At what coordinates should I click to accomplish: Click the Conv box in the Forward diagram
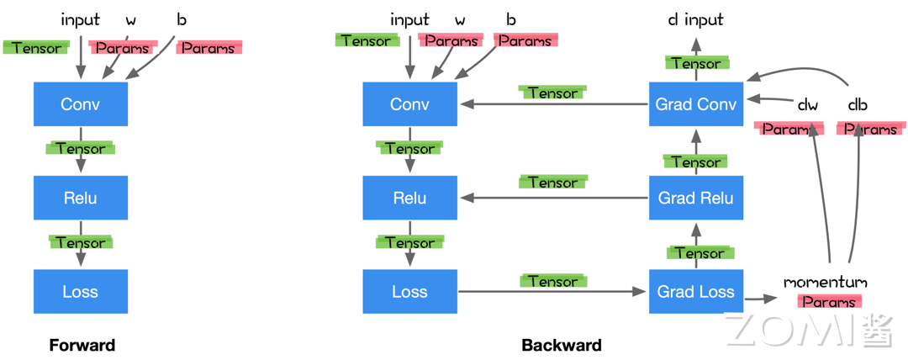click(81, 104)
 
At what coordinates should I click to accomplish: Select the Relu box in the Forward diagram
click(81, 198)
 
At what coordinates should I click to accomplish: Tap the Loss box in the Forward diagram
click(81, 292)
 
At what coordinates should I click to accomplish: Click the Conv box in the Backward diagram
click(409, 104)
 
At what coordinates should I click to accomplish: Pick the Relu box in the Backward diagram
click(409, 198)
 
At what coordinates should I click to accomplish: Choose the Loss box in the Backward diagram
click(409, 292)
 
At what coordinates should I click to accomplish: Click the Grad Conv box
click(696, 104)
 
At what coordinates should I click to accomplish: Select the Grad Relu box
click(696, 198)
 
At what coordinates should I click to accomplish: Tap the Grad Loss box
click(696, 292)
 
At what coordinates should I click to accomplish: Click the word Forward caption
click(82, 345)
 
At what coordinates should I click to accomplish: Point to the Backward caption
click(562, 345)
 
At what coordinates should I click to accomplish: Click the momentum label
click(825, 282)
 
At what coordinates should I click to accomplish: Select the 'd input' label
click(695, 19)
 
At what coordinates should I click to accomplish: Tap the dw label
click(807, 105)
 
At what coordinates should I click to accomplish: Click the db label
click(858, 105)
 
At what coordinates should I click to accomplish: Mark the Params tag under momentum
click(828, 301)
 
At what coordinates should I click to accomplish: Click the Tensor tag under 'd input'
click(695, 63)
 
